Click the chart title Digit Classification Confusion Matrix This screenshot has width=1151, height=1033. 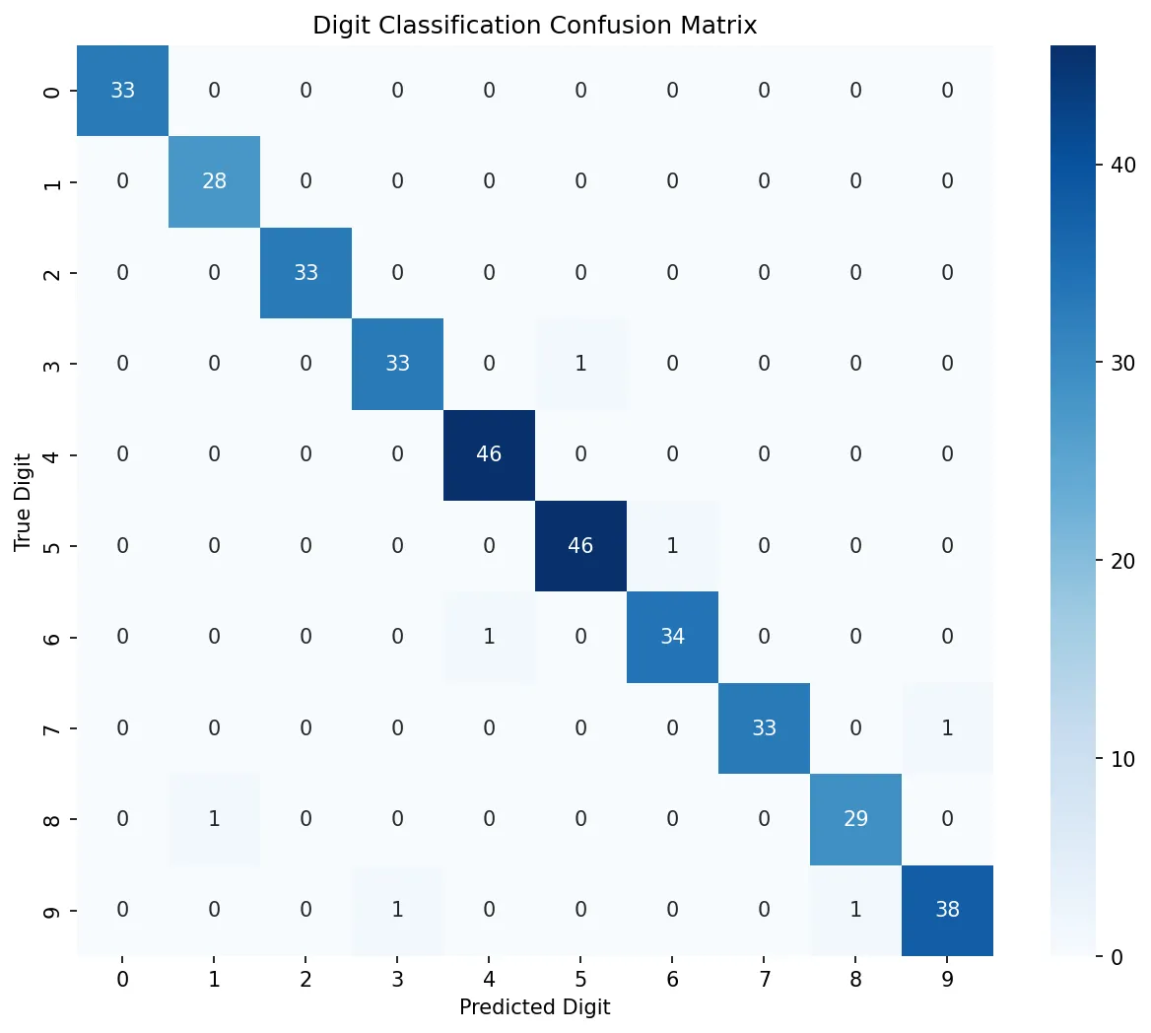pos(534,26)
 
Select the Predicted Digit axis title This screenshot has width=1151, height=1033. pos(534,1006)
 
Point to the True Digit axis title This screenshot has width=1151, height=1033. pos(23,501)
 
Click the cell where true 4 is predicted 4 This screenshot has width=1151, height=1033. pos(489,454)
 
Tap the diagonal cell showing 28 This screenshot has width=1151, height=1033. pos(214,181)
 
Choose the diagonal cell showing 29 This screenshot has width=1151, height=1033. pos(855,818)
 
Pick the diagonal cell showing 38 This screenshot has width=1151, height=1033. pos(947,909)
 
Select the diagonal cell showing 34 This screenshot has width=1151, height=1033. pos(672,637)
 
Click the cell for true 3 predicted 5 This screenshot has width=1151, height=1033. pos(580,364)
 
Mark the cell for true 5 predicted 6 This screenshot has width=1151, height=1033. pos(672,545)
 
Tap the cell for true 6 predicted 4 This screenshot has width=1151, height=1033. pos(489,637)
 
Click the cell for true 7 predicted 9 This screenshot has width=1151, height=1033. pos(947,727)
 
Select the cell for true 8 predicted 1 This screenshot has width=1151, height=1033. pos(214,818)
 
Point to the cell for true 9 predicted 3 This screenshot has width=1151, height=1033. pos(397,909)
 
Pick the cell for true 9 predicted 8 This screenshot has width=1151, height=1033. pos(855,909)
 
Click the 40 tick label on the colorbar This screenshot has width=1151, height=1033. pos(1122,165)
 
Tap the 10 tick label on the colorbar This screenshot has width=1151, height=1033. pos(1122,759)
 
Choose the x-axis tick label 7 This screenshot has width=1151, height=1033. pos(764,980)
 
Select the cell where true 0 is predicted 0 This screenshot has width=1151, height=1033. pos(122,91)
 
